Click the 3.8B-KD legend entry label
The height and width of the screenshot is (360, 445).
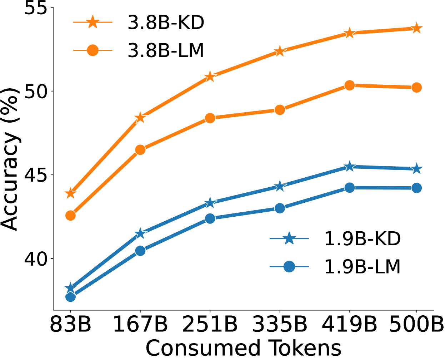(x=166, y=23)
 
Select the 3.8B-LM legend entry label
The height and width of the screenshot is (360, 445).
(x=166, y=50)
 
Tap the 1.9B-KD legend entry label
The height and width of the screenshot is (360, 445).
(x=362, y=238)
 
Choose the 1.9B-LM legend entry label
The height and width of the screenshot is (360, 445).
(x=362, y=267)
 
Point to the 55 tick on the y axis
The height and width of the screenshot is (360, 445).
(x=36, y=8)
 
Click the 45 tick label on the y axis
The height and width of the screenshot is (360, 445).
(x=36, y=175)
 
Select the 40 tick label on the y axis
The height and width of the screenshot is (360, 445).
(x=36, y=258)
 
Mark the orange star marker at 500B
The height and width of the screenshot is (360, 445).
(x=416, y=29)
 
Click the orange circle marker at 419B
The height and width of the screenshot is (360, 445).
(x=350, y=85)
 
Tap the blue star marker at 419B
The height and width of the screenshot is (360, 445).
(x=350, y=167)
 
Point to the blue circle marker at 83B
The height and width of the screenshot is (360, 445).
(x=70, y=297)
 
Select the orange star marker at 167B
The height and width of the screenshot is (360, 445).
(x=140, y=118)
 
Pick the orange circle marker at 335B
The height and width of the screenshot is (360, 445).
(x=280, y=110)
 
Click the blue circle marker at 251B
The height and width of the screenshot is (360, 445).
(x=210, y=218)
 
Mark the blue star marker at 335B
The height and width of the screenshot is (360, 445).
(x=280, y=186)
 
